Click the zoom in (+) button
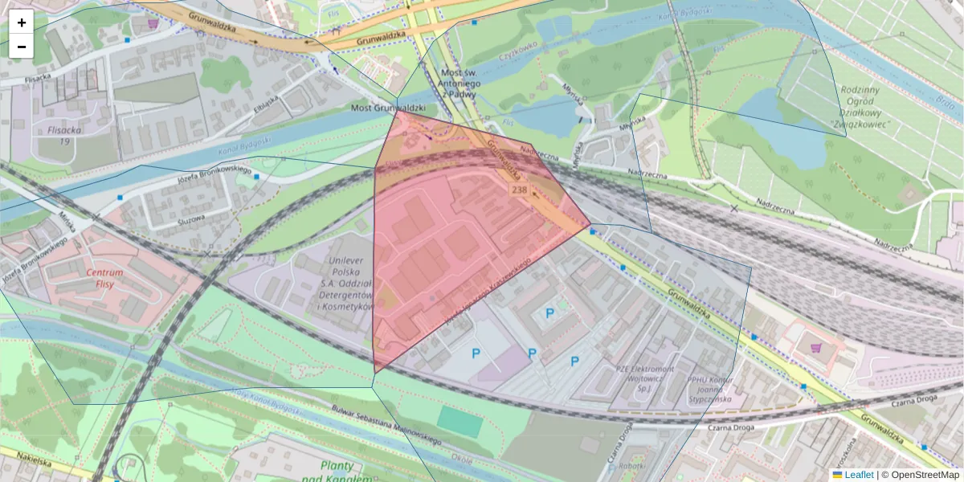pos(22,22)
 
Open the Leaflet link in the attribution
pos(858,475)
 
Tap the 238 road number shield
pos(519,190)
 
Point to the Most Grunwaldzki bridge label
pos(388,108)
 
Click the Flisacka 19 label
pos(63,134)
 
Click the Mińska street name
pos(67,222)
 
